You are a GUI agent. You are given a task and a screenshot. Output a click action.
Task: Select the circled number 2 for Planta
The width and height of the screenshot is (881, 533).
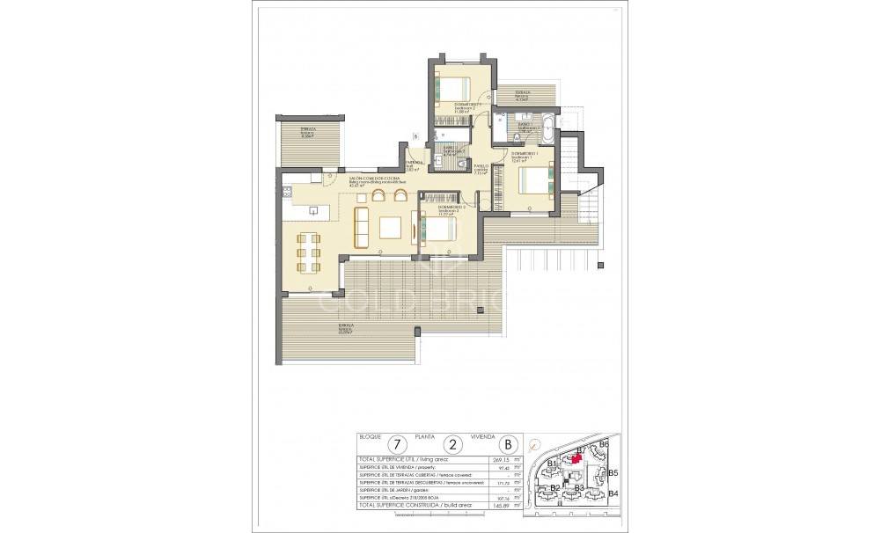(453, 444)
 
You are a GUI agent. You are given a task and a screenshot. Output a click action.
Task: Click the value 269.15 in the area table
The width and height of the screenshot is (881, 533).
(499, 458)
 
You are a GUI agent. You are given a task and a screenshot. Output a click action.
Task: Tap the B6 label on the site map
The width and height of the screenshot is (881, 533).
(603, 445)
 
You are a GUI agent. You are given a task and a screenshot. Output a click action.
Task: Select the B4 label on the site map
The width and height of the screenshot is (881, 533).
(613, 493)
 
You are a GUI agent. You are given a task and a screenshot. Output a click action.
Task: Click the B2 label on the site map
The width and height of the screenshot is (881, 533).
(555, 487)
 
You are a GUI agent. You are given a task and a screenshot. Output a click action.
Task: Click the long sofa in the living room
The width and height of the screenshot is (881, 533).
(359, 228)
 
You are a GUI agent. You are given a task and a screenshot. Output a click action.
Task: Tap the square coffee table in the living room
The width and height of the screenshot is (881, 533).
(390, 229)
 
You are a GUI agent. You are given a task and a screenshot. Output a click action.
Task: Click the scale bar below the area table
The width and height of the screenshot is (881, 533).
(440, 520)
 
